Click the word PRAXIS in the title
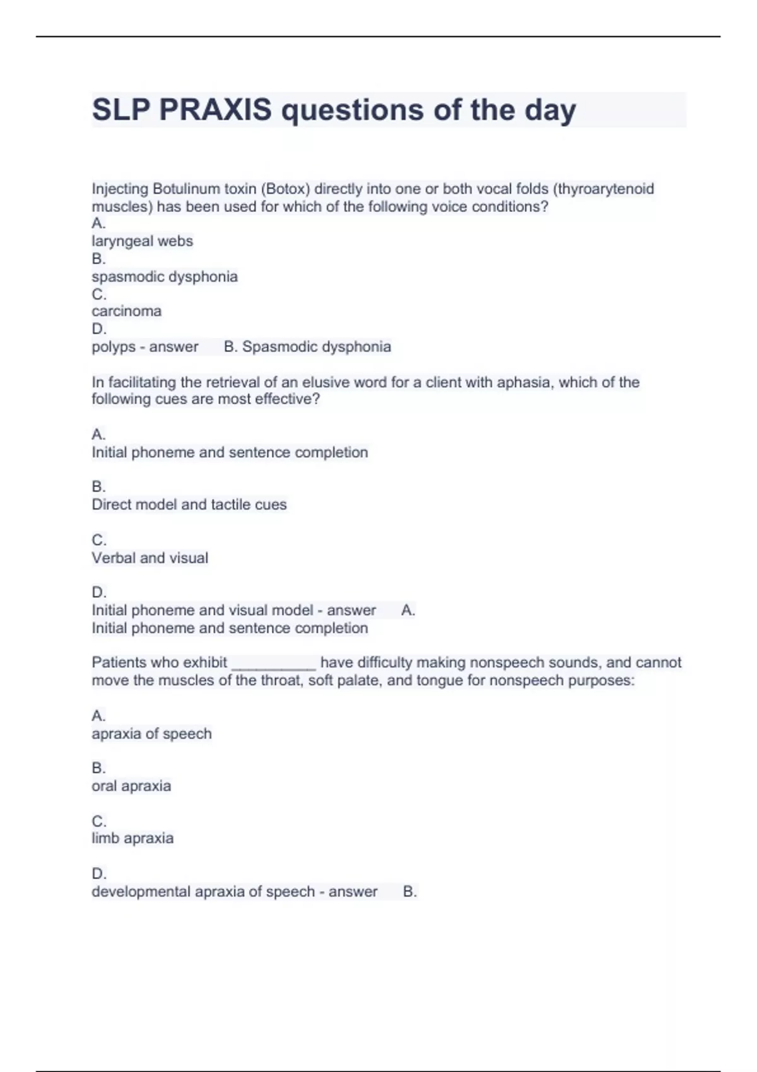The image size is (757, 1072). pyautogui.click(x=215, y=110)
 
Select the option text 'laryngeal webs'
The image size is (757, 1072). pyautogui.click(x=143, y=241)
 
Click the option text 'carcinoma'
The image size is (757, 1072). pyautogui.click(x=127, y=311)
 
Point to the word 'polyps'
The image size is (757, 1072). pyautogui.click(x=114, y=347)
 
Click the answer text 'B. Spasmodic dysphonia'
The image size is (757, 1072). pyautogui.click(x=308, y=347)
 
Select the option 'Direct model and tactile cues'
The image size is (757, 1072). pyautogui.click(x=189, y=504)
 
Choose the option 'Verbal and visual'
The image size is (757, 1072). pyautogui.click(x=150, y=558)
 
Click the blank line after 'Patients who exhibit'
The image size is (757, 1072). pyautogui.click(x=274, y=663)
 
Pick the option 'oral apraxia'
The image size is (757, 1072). pyautogui.click(x=131, y=786)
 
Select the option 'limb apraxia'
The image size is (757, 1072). pyautogui.click(x=132, y=838)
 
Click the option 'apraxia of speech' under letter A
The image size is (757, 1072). pyautogui.click(x=151, y=733)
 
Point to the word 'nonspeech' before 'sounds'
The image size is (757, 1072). pyautogui.click(x=502, y=663)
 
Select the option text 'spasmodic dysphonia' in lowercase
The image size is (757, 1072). pyautogui.click(x=165, y=276)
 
